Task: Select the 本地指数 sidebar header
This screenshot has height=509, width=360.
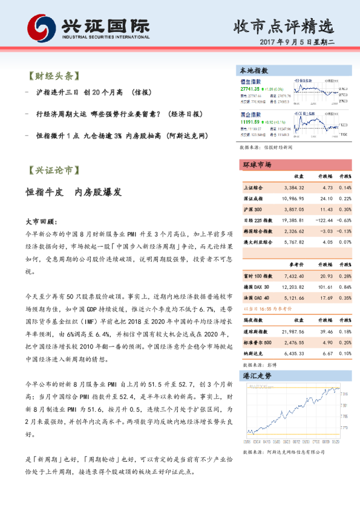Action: [x=252, y=71]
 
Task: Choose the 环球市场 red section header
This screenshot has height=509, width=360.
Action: [x=257, y=164]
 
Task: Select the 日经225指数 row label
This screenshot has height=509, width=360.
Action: [x=257, y=220]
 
